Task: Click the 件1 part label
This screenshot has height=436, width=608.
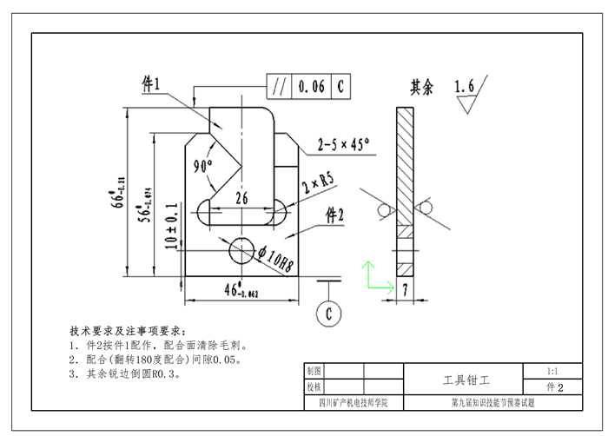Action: coord(152,84)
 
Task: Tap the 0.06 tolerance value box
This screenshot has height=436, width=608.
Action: coord(311,87)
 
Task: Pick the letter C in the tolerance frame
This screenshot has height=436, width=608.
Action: coord(340,87)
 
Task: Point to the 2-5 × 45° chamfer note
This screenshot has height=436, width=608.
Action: coord(343,143)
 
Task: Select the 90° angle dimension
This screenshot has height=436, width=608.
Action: coord(204,166)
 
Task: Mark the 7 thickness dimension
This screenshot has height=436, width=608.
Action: coord(406,290)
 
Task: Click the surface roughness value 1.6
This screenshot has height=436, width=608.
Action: coord(465,88)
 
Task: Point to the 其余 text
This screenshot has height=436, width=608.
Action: coord(422,88)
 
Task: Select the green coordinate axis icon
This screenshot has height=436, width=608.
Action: coord(373,276)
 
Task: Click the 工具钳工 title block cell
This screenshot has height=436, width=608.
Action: coord(466,380)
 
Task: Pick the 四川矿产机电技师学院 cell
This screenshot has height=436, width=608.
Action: coord(354,403)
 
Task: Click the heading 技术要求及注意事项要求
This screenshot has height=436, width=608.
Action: coord(127,331)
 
